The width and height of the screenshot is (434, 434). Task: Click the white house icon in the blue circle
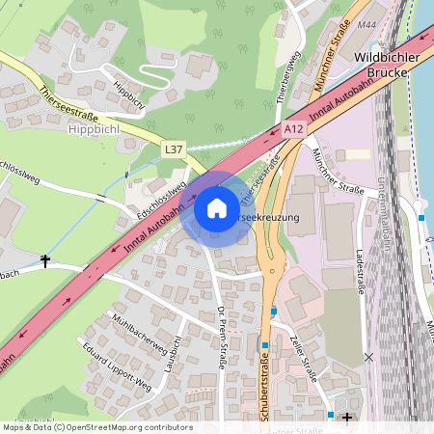coord(217,207)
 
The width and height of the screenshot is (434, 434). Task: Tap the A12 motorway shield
coord(295,128)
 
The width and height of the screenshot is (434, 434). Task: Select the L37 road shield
coord(174,149)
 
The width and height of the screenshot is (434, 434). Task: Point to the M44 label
coord(367,25)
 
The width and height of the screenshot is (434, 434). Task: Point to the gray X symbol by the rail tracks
coord(368,357)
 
